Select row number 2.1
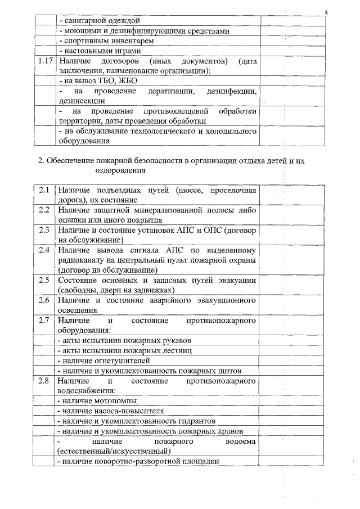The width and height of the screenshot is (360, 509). click(x=45, y=190)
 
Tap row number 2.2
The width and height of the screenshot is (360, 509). click(x=45, y=210)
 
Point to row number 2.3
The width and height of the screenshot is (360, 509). click(x=45, y=230)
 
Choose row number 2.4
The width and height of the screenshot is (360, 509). click(x=45, y=250)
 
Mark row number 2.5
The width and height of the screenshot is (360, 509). click(x=45, y=280)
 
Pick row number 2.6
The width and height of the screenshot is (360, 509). click(x=45, y=300)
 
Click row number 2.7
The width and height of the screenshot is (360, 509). click(x=45, y=320)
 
